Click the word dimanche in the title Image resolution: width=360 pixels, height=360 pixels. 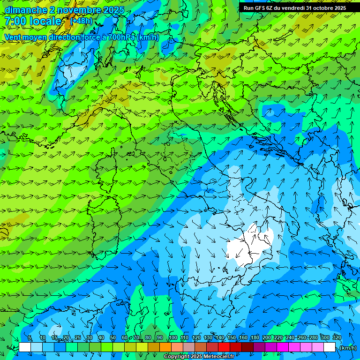pos(26,10)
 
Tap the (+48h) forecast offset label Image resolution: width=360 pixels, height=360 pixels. pos(81,21)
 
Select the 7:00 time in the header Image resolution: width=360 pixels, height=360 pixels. pos(15,22)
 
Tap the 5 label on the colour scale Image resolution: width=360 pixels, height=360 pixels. pos(30,338)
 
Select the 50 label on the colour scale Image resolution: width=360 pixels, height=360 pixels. pos(113,338)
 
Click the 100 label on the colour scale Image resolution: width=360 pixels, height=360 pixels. pos(172,338)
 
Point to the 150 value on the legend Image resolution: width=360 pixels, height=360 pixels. pos(232,338)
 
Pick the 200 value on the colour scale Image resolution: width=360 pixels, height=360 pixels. pos(267,338)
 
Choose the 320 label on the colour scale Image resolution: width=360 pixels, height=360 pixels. pos(337,338)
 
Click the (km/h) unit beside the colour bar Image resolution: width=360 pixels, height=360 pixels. pos(348,348)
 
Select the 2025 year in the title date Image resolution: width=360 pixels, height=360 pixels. pos(113,10)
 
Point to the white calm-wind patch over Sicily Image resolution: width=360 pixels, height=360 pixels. pos(248,246)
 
